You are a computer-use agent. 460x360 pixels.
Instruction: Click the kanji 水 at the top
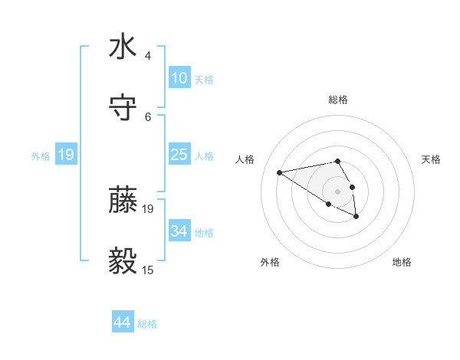coord(123,46)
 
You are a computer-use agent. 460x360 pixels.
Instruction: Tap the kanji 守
coord(123,107)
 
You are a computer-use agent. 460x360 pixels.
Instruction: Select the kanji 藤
coord(123,200)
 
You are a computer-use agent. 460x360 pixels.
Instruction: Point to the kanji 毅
coord(123,261)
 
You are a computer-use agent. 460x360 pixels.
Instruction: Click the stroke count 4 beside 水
coord(148,56)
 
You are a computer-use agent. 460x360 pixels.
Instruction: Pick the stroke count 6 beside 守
coord(148,116)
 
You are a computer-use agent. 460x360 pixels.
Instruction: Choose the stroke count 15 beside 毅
coord(148,270)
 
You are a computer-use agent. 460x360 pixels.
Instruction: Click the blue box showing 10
coord(179,78)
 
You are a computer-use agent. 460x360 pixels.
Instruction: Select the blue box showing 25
coord(179,155)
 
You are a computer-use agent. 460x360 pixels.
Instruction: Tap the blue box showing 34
coord(179,231)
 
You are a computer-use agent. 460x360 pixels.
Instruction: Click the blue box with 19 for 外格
coord(66,155)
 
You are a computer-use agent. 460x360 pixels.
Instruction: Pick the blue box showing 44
coord(123,322)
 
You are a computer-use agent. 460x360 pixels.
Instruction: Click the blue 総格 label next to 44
coord(147,324)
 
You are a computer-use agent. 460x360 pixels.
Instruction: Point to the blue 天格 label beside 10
coord(204,80)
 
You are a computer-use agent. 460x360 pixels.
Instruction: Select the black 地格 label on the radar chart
coord(402,262)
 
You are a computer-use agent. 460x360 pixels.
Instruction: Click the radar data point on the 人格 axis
coord(280,172)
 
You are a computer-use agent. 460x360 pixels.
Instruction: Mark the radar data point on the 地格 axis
coord(356,217)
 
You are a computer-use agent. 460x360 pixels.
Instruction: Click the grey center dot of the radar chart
coord(337,191)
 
